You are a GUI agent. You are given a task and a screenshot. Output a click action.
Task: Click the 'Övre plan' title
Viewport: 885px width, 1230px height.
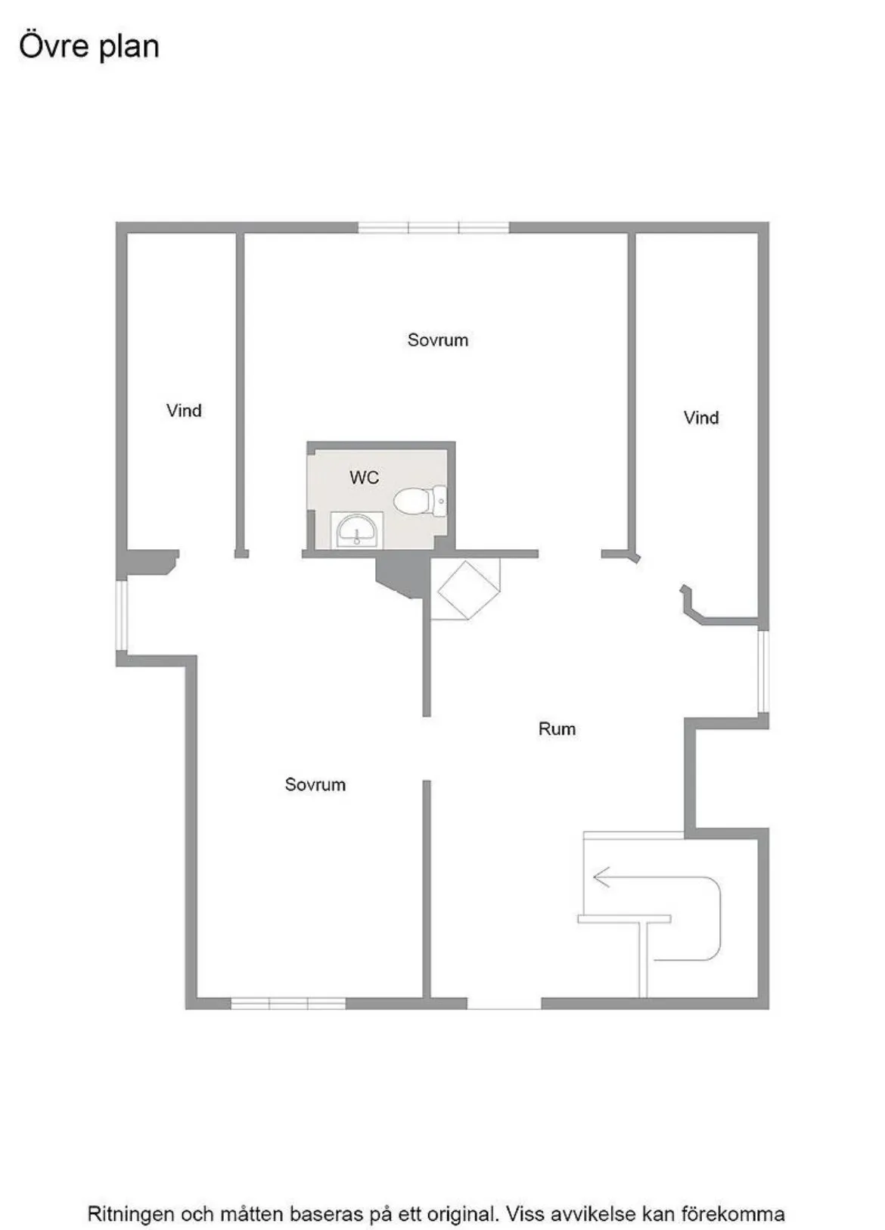89,46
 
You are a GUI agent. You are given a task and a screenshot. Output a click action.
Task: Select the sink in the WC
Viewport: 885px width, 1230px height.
357,530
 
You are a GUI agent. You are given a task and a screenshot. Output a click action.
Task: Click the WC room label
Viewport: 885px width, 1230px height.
364,477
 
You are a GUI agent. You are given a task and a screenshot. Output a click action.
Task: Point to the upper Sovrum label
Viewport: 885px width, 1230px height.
438,340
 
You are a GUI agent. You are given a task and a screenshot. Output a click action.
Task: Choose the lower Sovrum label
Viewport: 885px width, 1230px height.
315,784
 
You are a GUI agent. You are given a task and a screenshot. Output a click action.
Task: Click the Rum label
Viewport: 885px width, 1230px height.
557,729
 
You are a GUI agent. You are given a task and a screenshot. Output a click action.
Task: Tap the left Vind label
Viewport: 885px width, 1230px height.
184,411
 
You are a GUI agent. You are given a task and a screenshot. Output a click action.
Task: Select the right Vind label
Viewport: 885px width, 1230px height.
701,418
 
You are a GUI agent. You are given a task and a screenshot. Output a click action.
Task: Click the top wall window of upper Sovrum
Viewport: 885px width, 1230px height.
433,227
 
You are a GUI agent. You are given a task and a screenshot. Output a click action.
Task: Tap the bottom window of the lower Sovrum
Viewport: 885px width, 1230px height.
288,1004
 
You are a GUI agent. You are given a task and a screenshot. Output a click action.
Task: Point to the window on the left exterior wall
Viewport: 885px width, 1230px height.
121,615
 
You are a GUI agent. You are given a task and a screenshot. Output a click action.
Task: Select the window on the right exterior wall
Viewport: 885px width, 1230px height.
763,671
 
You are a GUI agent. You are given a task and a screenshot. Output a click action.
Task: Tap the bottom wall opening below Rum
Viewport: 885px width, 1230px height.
505,1004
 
